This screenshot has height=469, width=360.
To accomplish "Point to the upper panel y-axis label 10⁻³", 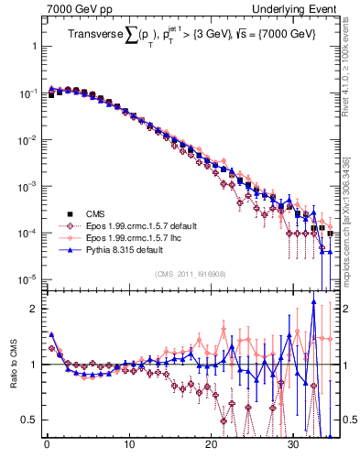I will tap(26, 186).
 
